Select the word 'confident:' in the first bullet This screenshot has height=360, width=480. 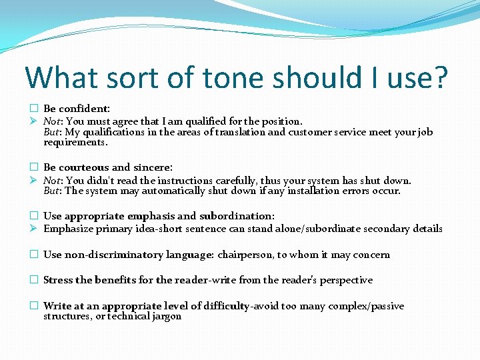[x=85, y=108]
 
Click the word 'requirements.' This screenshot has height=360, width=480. [x=75, y=142]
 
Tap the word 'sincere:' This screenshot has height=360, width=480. [x=153, y=167]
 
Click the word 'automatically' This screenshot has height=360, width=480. [x=173, y=191]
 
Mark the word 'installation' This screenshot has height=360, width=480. [x=319, y=191]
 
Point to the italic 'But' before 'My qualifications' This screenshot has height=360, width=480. [x=52, y=132]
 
